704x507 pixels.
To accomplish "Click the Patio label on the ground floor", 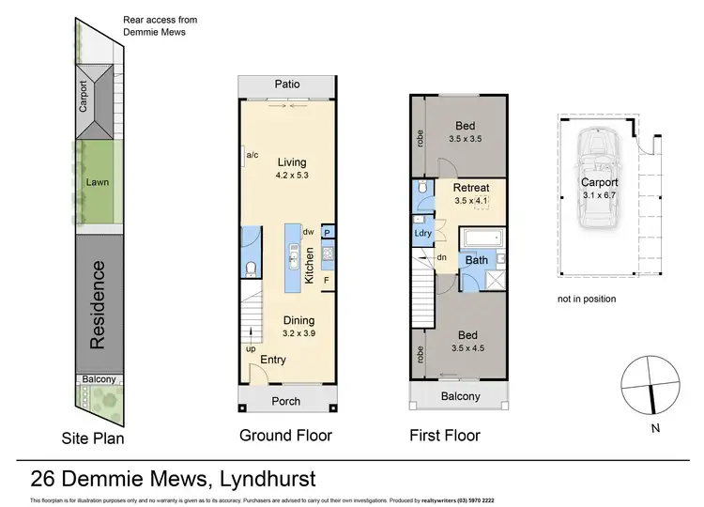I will [x=287, y=84].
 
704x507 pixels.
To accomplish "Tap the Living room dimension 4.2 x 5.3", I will [x=287, y=176].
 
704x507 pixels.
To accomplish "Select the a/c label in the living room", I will [x=252, y=155].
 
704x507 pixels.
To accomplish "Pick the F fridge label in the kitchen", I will [x=327, y=279].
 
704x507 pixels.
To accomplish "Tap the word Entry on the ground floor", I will [x=273, y=360].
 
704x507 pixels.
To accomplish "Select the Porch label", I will [x=286, y=401].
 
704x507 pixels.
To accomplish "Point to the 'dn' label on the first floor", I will [x=442, y=256].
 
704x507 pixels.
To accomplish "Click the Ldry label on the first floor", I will [x=422, y=232].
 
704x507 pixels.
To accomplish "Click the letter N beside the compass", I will [x=655, y=429].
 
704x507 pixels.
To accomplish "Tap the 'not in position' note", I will [x=587, y=299].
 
